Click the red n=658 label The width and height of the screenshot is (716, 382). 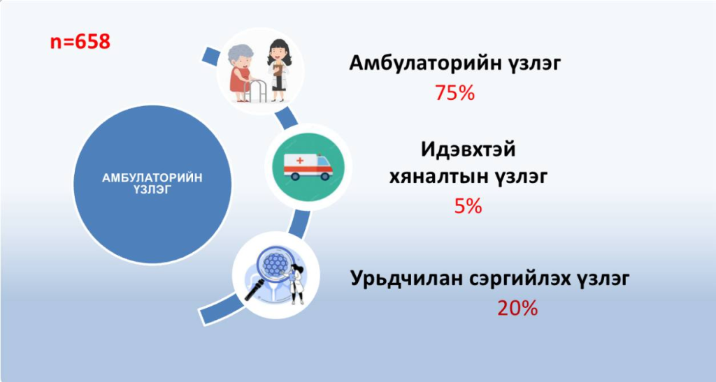[80, 42]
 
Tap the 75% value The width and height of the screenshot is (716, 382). [454, 93]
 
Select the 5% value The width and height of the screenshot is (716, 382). [468, 206]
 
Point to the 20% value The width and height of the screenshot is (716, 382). [517, 309]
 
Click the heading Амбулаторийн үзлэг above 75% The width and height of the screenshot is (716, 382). [454, 64]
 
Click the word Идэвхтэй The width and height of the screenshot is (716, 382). [468, 149]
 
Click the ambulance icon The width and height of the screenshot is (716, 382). [308, 167]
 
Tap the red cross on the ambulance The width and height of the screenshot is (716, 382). [300, 161]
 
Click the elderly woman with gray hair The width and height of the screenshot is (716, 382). [240, 73]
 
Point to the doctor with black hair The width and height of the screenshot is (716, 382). [278, 70]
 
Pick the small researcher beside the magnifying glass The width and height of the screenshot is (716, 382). [296, 284]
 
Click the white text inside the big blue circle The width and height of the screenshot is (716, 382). [152, 184]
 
